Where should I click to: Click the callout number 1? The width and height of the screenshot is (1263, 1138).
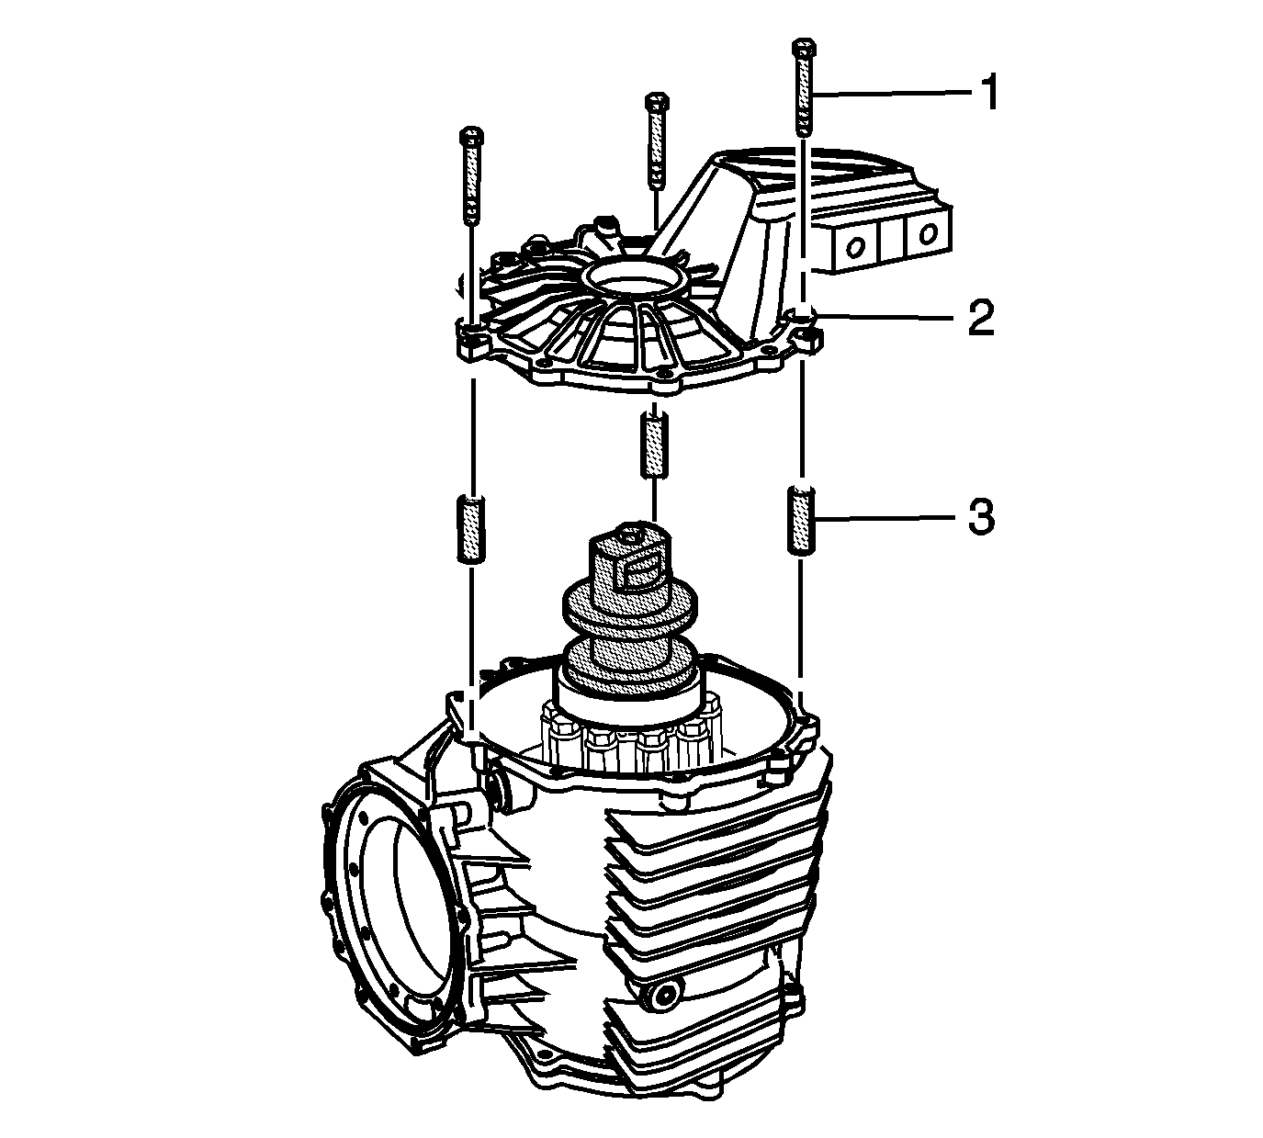coord(989,93)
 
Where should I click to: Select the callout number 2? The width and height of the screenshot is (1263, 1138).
coord(982,318)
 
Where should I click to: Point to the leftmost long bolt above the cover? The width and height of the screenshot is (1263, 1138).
coord(471,176)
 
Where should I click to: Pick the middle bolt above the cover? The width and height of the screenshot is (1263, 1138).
coord(657,141)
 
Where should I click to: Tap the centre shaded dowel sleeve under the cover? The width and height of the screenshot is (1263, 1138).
coord(654,445)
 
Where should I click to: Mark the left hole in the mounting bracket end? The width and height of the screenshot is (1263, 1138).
coord(853,246)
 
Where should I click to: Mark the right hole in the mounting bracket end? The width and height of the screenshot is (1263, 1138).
coord(927,234)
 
